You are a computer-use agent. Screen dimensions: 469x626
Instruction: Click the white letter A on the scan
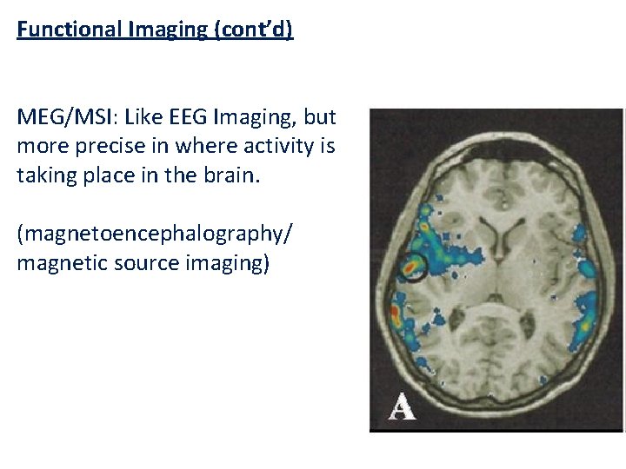(401, 405)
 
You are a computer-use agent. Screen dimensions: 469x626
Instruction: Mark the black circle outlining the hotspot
(414, 268)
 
